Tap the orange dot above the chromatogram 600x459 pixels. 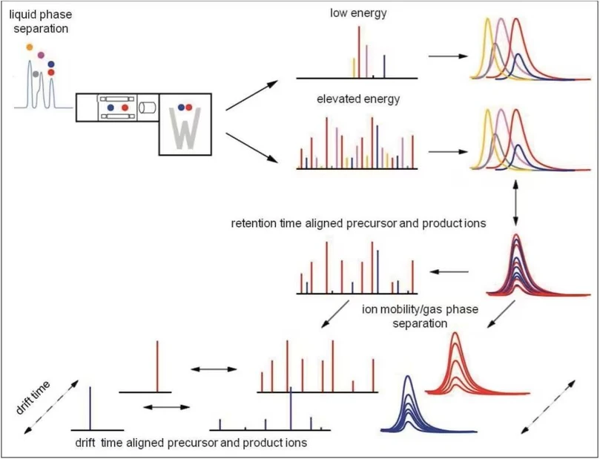[x=29, y=47]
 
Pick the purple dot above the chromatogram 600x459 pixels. [x=41, y=55]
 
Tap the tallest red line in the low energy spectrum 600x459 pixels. [x=360, y=51]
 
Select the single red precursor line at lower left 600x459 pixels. [x=157, y=365]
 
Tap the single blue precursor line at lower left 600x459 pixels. [x=90, y=407]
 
